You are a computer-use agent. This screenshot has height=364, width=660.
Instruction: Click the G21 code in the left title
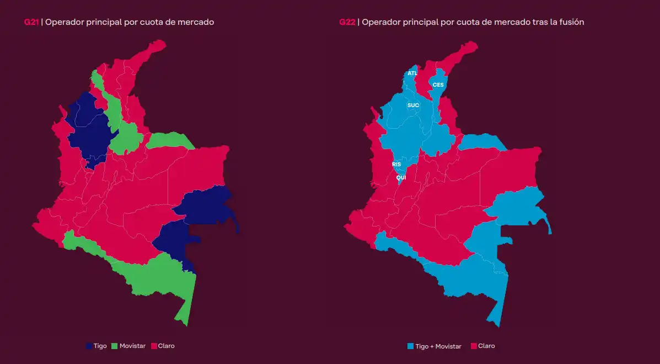(x=31, y=23)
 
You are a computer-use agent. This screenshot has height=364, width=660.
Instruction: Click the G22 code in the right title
(x=347, y=23)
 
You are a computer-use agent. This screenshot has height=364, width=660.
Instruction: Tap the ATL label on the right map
(x=412, y=73)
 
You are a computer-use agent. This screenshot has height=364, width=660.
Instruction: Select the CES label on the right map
(x=438, y=85)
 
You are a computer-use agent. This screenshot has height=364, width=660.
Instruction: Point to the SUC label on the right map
(x=413, y=105)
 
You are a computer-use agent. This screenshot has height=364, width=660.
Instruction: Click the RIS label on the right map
(x=396, y=165)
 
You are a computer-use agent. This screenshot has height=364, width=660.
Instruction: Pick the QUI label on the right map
(x=401, y=177)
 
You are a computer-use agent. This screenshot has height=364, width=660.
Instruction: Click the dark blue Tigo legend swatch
(x=89, y=346)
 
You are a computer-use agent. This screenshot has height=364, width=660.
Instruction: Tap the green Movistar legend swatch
(x=115, y=346)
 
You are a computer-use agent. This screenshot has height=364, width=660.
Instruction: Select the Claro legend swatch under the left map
(x=153, y=346)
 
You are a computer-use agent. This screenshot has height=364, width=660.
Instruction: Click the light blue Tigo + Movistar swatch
(x=410, y=346)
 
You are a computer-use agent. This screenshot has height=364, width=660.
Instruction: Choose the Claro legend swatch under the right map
(x=474, y=346)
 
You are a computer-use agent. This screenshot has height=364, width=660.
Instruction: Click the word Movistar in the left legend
(x=132, y=346)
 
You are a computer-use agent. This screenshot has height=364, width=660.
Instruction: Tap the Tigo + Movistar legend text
(x=438, y=346)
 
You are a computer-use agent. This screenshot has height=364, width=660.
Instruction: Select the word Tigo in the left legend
(x=100, y=346)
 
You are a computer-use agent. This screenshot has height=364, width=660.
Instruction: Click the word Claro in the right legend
(x=486, y=346)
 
